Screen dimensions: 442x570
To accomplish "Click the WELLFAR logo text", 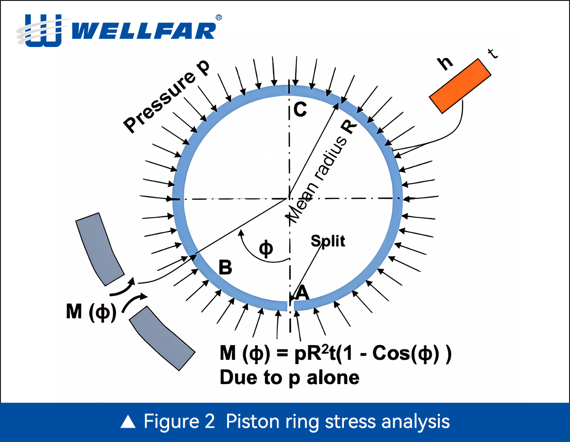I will coord(145,31).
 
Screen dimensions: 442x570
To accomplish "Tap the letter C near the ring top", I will coord(300,110).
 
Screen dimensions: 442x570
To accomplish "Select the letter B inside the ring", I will coord(225,268).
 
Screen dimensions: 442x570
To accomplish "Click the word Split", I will coord(328,241).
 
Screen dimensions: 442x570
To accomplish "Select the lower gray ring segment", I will coord(162,338).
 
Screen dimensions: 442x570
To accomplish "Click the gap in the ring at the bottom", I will coord(290,305).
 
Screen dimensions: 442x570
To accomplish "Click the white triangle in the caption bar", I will coord(128,422).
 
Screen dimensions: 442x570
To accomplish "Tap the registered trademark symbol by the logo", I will coord(218,17).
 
